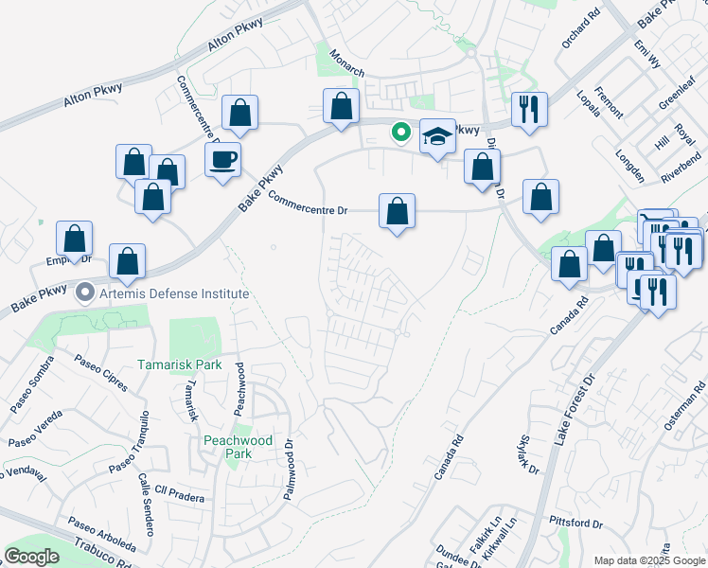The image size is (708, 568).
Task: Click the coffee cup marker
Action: [223, 159]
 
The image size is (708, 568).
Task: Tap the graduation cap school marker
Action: [436, 137]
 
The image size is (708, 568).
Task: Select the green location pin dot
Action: [402, 133]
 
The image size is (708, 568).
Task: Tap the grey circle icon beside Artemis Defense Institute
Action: [85, 293]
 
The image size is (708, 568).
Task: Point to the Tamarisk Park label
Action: [179, 364]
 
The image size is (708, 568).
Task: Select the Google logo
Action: [32, 556]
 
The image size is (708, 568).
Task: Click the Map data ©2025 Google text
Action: [648, 560]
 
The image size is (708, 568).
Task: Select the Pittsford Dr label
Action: [575, 523]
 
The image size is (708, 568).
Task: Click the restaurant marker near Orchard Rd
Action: [529, 109]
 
